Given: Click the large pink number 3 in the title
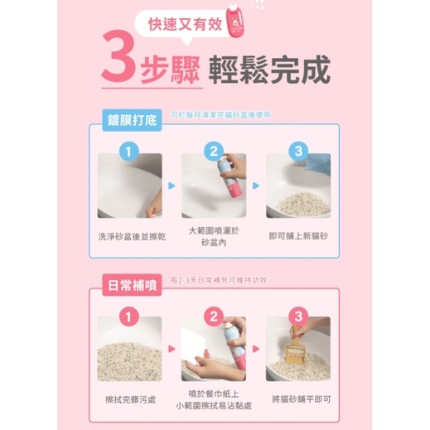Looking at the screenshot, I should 120,63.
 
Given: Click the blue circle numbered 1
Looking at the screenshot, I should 128,151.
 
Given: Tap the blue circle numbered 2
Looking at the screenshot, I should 214,151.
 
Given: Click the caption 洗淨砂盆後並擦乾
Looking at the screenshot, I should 131,236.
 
